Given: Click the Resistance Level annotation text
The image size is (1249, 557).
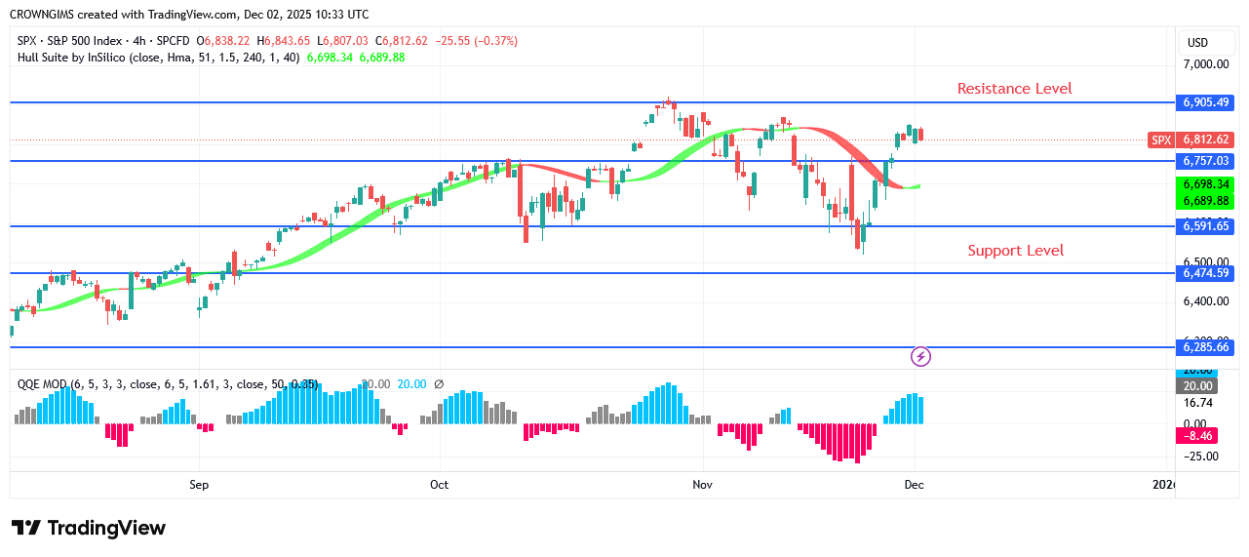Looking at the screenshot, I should [1014, 89].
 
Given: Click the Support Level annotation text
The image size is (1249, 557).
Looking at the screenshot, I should [1015, 251].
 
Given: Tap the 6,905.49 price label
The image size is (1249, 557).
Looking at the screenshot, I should [1206, 102].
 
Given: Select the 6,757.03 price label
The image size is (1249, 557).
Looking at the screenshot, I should [1206, 161].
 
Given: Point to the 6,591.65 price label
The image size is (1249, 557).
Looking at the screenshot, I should [1206, 226].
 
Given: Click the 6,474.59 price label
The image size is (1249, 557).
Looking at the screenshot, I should [1206, 274].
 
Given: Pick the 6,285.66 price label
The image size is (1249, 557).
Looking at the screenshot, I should [1206, 347].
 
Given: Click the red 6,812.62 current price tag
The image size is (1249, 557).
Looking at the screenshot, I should [1206, 139].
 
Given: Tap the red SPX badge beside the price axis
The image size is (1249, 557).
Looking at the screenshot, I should [1161, 139].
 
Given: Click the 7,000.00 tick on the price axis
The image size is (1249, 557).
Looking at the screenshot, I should [1205, 64].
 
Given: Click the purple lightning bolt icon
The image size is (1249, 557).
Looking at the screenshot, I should [920, 357].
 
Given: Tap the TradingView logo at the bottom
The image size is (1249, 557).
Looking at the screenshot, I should [89, 528].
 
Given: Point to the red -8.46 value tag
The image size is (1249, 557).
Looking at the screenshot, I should [1198, 436].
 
